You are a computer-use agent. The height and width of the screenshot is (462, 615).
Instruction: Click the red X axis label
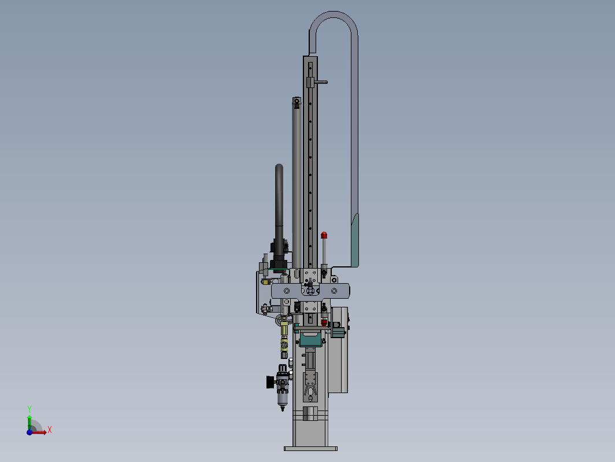point(50,430)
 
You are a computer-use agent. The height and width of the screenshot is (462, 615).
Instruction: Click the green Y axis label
point(29,409)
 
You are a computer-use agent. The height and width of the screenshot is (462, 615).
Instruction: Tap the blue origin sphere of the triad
point(29,432)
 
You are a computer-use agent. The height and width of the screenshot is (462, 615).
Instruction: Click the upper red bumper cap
point(324,235)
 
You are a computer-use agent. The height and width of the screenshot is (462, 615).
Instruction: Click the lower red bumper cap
point(324,322)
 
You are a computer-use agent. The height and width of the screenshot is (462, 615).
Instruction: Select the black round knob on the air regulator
point(270,382)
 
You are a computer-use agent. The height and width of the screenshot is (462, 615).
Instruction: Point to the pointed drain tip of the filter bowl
point(283,409)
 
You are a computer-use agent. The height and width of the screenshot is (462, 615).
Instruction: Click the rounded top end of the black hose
point(279,167)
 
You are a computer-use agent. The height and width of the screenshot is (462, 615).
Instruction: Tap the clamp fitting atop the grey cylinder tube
point(297,102)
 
